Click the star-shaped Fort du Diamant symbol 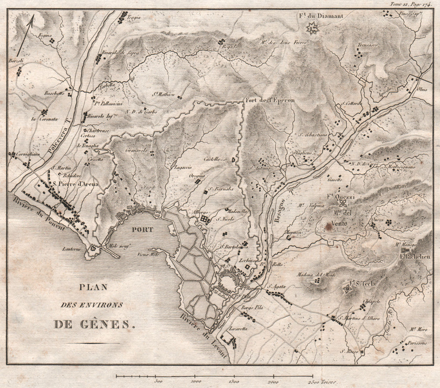tap(313, 29)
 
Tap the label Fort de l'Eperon tap(270, 100)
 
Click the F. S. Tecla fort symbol tap(348, 289)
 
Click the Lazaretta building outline tap(229, 340)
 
